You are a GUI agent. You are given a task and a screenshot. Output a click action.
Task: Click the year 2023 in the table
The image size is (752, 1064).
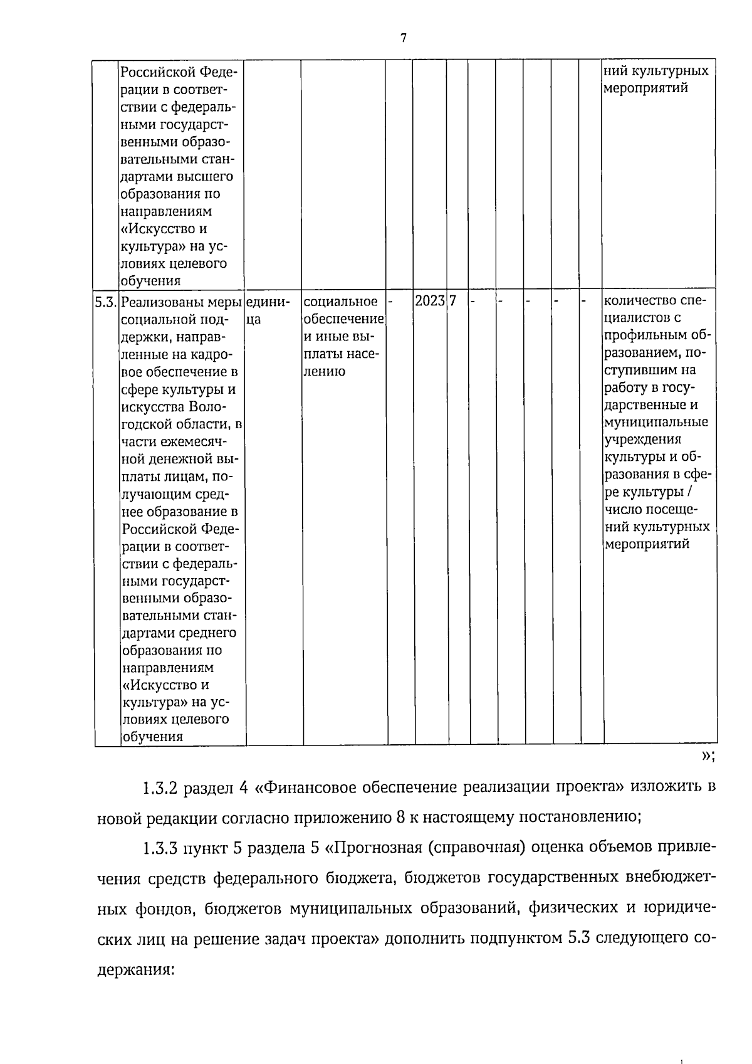point(430,301)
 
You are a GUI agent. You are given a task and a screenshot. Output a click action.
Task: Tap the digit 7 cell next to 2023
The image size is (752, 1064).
point(452,301)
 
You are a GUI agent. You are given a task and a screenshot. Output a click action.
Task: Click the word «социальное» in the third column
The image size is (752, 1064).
point(341,302)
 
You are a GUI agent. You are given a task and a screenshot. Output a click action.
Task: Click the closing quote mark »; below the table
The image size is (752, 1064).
point(708,756)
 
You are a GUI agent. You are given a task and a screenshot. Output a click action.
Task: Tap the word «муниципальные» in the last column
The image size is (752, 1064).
point(656,423)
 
